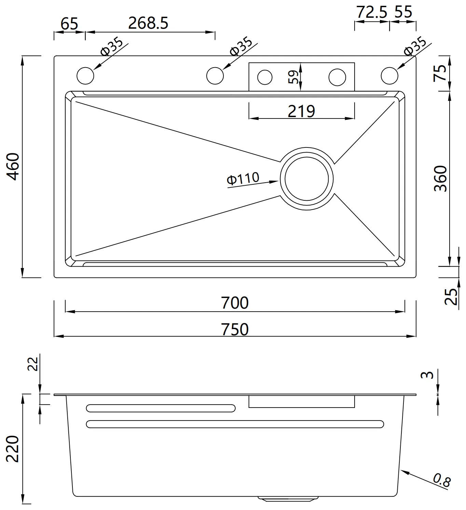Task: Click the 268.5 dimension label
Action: [148, 23]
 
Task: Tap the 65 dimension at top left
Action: [69, 24]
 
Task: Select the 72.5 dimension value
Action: [372, 12]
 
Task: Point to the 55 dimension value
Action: [403, 12]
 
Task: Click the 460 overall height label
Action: [13, 167]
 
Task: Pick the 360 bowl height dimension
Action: [441, 179]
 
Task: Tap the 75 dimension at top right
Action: [440, 73]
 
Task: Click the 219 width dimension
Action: [301, 111]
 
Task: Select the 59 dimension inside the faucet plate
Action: [293, 77]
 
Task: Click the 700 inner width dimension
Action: [235, 302]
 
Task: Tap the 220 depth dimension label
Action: [13, 449]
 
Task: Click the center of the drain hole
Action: [306, 179]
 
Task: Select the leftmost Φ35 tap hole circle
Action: [85, 76]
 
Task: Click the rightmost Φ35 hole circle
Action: [389, 76]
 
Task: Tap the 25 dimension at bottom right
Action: [451, 296]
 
